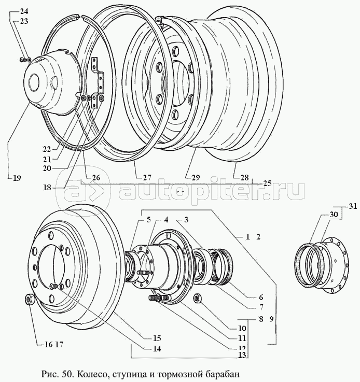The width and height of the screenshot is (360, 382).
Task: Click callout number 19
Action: pos(17,178)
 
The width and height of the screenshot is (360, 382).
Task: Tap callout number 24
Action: pos(25,11)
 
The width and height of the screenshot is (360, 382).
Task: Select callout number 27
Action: pos(147,178)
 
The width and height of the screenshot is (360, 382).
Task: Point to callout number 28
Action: pos(244,178)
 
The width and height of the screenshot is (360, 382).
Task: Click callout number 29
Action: pos(196,178)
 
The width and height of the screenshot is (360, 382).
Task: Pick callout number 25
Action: pos(267,183)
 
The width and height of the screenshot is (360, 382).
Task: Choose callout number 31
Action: pos(353,207)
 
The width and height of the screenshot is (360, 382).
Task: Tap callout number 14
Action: pos(157,348)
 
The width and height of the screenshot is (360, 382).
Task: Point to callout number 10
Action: pos(242,329)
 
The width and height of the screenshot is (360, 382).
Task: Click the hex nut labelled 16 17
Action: pos(29,300)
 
